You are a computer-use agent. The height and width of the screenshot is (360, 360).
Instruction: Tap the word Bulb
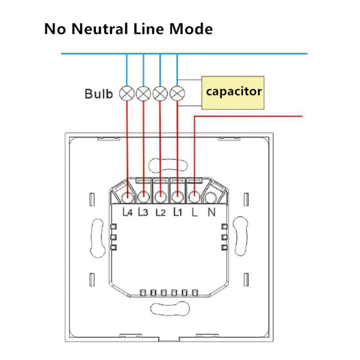click(99, 94)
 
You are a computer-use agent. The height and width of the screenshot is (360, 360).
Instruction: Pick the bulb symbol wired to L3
click(144, 94)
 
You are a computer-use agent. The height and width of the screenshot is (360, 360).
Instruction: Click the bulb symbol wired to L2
click(160, 94)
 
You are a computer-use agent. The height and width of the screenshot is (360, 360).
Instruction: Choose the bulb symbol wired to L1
click(176, 94)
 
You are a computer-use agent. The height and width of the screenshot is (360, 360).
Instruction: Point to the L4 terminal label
click(128, 213)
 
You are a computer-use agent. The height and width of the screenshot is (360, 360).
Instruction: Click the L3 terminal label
click(143, 213)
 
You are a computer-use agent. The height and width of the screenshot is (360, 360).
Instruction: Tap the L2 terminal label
click(160, 213)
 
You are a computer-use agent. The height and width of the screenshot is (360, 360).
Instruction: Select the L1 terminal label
click(177, 212)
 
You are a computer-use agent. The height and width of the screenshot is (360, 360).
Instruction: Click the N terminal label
click(211, 213)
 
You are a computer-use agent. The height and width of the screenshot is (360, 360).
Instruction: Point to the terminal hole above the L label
click(194, 197)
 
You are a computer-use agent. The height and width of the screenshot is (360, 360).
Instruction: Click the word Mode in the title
click(191, 29)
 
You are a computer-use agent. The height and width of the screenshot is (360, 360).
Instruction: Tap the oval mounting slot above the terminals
click(169, 165)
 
